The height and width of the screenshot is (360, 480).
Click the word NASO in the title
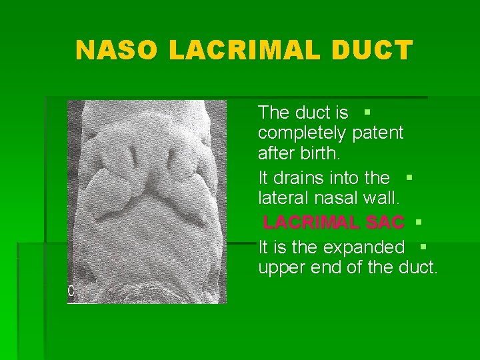click(x=116, y=50)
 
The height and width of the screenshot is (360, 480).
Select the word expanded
click(x=364, y=247)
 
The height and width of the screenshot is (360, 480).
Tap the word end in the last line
click(x=328, y=269)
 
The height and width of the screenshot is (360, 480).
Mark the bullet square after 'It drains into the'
click(x=409, y=177)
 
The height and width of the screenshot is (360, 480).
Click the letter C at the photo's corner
click(x=71, y=291)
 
